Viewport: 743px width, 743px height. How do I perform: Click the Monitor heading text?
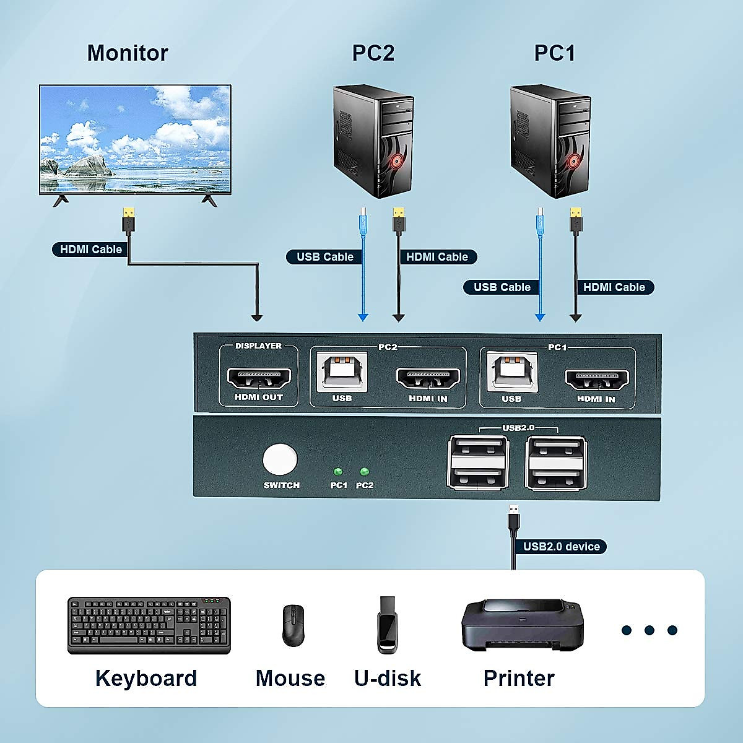[128, 53]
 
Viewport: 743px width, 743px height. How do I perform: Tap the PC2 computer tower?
[373, 141]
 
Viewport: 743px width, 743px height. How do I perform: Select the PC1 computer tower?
[550, 141]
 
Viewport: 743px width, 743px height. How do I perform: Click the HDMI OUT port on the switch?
[259, 377]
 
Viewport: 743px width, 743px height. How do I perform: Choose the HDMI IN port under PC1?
[597, 378]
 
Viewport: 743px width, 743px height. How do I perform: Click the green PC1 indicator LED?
[338, 472]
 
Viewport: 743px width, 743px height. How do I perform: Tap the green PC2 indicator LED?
[364, 472]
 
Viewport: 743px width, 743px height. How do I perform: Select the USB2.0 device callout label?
[561, 547]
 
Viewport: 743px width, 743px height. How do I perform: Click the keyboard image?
[149, 625]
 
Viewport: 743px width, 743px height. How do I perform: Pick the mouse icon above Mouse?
[293, 625]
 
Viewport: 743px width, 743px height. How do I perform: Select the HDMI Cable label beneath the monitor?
[90, 250]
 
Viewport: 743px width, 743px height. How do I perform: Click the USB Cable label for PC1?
[502, 287]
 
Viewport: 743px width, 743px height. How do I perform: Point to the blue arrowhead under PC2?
[363, 318]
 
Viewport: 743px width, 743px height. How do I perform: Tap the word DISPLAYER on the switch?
[258, 346]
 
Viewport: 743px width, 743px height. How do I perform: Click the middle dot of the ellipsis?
[649, 630]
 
